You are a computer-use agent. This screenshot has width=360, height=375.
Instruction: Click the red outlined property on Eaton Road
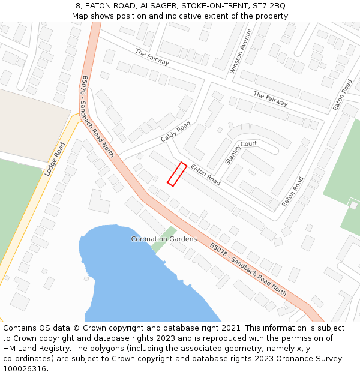[177, 174]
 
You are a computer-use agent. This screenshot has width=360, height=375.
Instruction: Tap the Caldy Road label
[175, 132]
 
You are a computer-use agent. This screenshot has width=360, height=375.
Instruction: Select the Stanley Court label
[241, 152]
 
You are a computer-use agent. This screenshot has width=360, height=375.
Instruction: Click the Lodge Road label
[55, 159]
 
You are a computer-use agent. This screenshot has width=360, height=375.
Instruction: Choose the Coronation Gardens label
[164, 239]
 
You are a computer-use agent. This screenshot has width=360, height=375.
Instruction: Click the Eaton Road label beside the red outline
[206, 175]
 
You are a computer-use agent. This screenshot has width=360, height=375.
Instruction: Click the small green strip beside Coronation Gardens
[163, 240]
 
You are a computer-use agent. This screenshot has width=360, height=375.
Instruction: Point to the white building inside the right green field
[353, 205]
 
